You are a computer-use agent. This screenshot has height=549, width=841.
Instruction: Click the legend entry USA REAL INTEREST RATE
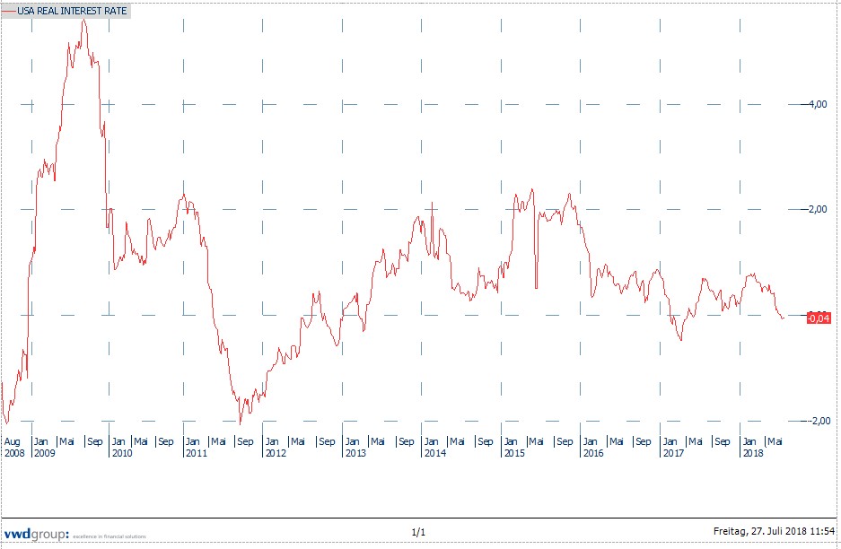click(72, 12)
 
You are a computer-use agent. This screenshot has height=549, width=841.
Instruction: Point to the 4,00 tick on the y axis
click(815, 105)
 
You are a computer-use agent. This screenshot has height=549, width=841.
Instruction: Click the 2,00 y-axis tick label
click(815, 210)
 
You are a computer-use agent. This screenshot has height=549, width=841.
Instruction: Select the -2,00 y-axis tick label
click(813, 422)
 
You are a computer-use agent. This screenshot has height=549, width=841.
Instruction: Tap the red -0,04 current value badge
click(819, 317)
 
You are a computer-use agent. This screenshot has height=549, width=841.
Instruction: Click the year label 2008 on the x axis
click(14, 453)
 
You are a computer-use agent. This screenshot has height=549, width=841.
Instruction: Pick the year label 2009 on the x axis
click(43, 453)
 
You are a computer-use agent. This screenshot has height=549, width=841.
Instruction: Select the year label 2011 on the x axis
click(196, 453)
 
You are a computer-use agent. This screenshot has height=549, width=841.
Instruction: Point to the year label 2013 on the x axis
click(355, 453)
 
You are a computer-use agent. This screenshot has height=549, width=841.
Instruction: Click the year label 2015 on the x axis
click(513, 453)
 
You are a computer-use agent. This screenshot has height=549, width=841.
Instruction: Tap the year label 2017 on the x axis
click(672, 453)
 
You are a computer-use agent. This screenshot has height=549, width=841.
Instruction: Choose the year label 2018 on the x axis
click(752, 453)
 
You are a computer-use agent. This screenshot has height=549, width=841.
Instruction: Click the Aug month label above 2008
click(13, 441)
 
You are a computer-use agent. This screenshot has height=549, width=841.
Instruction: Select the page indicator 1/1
click(418, 533)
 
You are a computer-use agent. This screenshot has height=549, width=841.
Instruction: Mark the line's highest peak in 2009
click(83, 19)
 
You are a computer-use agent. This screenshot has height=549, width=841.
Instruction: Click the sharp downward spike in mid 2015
click(536, 287)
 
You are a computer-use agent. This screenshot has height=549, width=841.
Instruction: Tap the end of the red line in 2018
click(784, 317)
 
